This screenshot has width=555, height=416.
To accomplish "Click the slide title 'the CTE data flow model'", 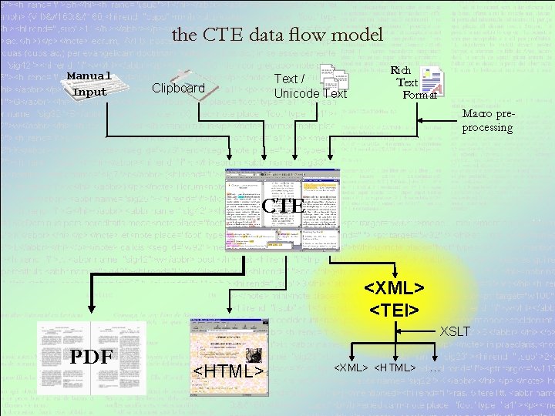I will tap(277, 35).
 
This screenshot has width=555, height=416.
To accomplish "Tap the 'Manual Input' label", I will tap(89, 84).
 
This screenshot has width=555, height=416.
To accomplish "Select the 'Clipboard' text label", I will tap(178, 88).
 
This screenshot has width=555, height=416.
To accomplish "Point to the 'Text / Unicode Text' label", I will tap(311, 86).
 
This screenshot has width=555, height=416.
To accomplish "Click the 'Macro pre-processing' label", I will tap(487, 121).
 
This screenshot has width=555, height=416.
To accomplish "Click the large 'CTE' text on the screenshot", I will tap(283, 206).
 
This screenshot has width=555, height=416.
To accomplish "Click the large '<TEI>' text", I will tap(393, 310).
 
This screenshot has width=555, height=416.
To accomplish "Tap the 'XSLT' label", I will tap(455, 332).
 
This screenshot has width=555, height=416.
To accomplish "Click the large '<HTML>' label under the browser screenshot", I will tap(227, 372).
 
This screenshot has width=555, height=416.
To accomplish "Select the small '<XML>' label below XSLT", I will tap(350, 368).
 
